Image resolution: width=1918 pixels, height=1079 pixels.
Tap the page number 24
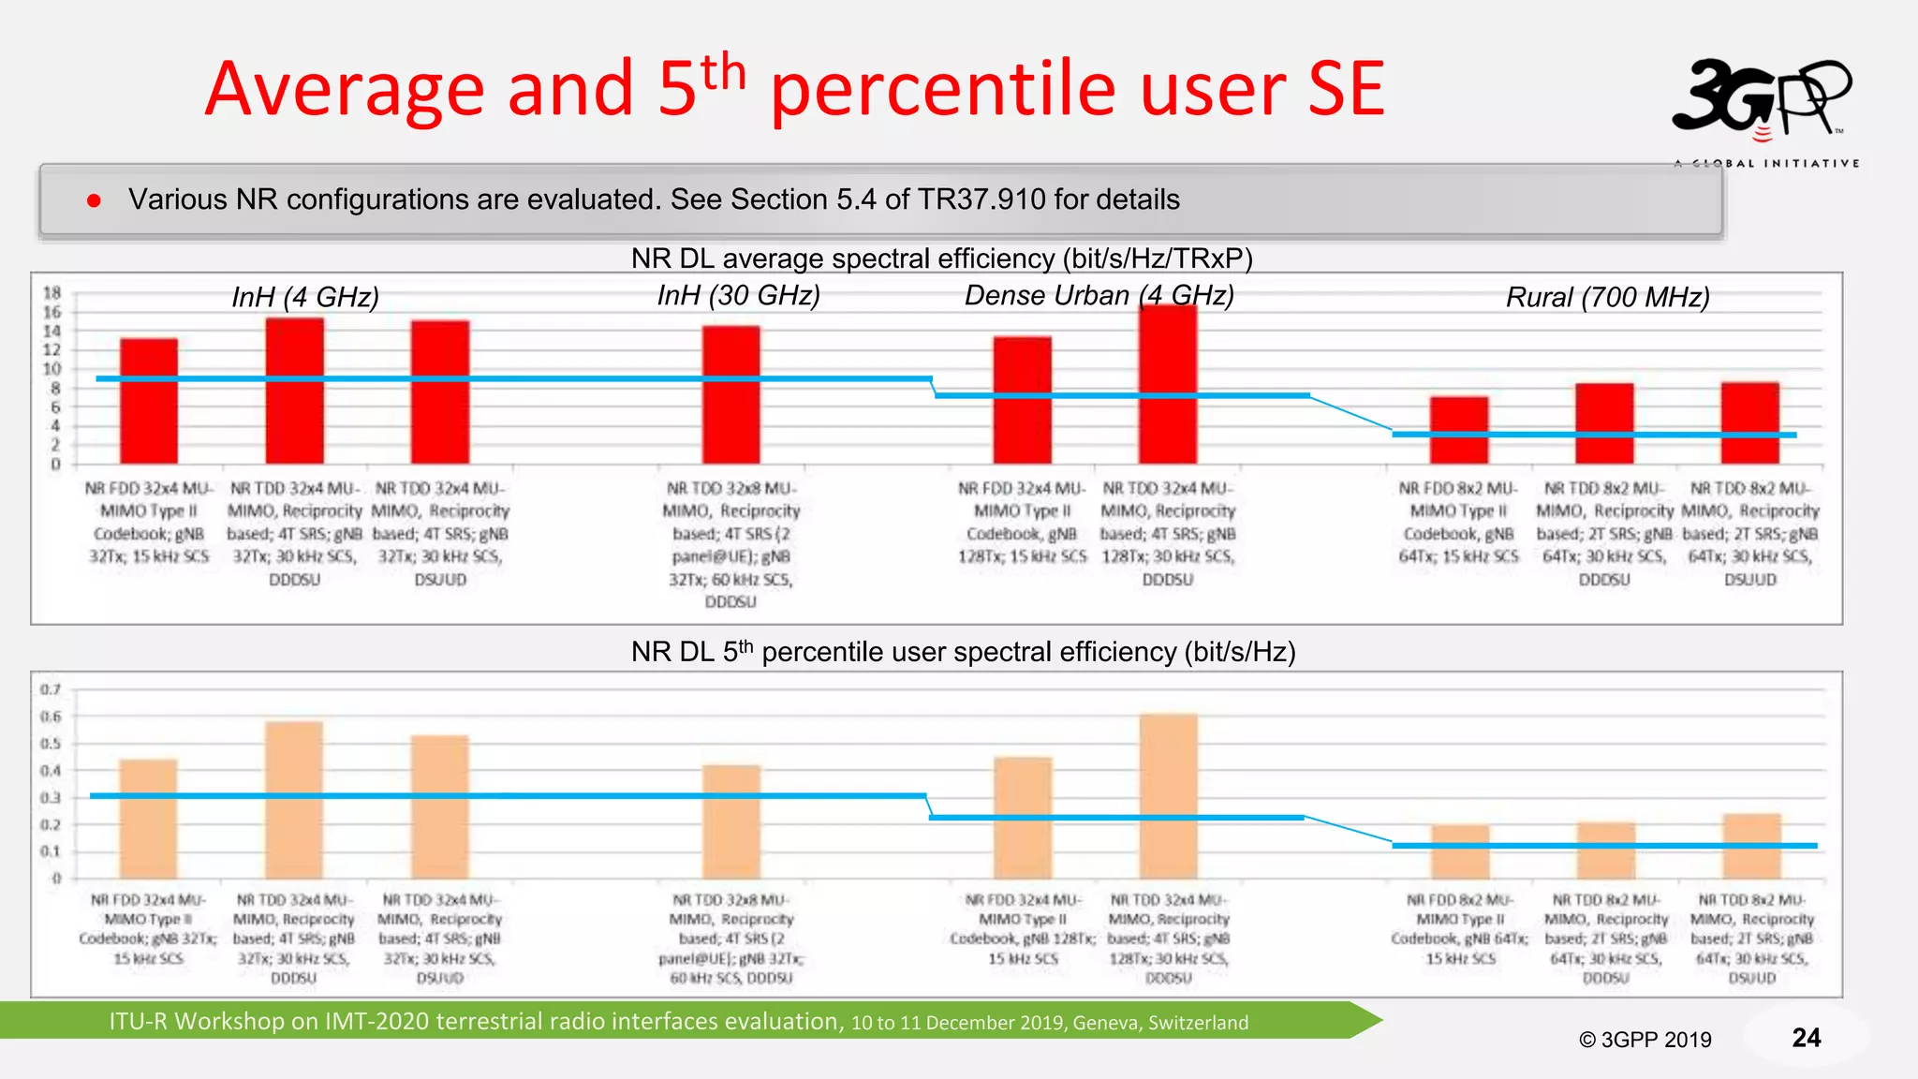tap(1806, 1037)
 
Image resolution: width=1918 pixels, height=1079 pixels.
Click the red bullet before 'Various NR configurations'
tap(94, 200)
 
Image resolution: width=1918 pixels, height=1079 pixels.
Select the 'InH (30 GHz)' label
tap(738, 295)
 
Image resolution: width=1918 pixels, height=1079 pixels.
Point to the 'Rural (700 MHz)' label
tap(1607, 297)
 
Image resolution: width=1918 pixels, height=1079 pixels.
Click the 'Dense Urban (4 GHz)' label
tap(1099, 295)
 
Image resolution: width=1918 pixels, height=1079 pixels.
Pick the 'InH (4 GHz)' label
tap(305, 297)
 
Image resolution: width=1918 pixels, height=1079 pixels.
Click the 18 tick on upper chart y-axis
tap(52, 292)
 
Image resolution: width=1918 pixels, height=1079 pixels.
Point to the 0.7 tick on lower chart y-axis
tap(51, 689)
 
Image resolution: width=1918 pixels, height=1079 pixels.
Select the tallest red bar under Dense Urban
tap(1168, 384)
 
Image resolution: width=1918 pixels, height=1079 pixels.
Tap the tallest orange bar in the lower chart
tap(1169, 796)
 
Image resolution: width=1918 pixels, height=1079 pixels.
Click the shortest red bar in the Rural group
tap(1458, 430)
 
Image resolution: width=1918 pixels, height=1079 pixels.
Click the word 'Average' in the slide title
tap(344, 89)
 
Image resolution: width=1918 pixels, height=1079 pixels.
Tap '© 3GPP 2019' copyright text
tap(1645, 1040)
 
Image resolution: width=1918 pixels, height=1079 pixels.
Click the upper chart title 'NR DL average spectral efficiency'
tap(941, 258)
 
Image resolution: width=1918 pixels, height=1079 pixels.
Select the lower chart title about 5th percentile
tap(963, 652)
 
